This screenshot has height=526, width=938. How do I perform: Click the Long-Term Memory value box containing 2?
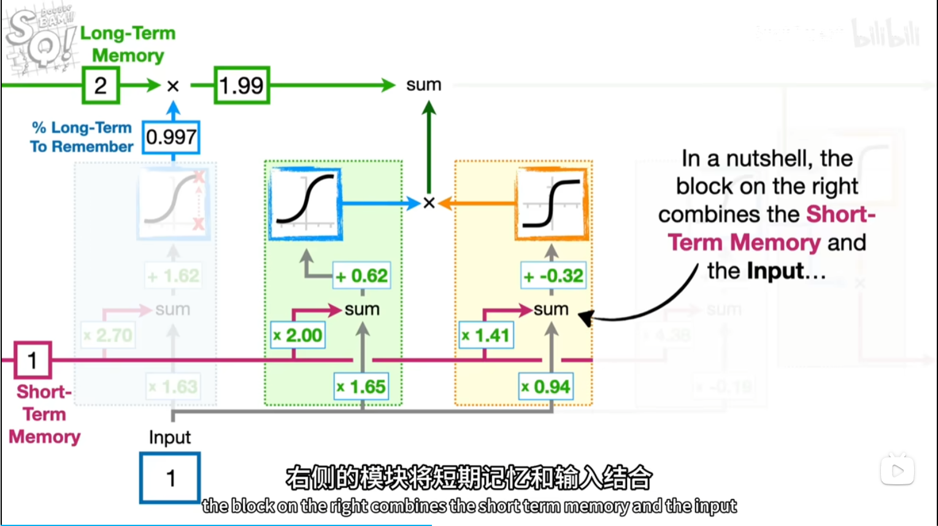(101, 85)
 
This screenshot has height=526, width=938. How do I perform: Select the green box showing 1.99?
(242, 85)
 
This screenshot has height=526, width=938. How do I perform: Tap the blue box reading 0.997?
(171, 137)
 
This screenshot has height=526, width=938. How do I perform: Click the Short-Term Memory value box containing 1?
(33, 360)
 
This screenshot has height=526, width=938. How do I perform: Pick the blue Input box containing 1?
(170, 478)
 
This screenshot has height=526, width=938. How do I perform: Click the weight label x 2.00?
(298, 335)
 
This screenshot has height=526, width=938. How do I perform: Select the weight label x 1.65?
(361, 387)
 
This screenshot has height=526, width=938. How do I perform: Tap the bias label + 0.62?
(362, 276)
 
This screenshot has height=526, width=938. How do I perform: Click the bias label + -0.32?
(553, 276)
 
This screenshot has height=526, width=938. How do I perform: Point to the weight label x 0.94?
(546, 387)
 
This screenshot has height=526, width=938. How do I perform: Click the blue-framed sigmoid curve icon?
(306, 203)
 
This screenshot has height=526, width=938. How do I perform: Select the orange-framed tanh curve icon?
(551, 203)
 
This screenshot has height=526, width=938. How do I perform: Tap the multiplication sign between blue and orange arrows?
(429, 203)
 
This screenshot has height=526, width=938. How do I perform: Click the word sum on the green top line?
(423, 85)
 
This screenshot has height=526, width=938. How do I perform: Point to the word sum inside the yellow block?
(551, 309)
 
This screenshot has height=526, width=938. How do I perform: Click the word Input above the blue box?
(170, 438)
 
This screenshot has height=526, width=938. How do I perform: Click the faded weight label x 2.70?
(108, 335)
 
